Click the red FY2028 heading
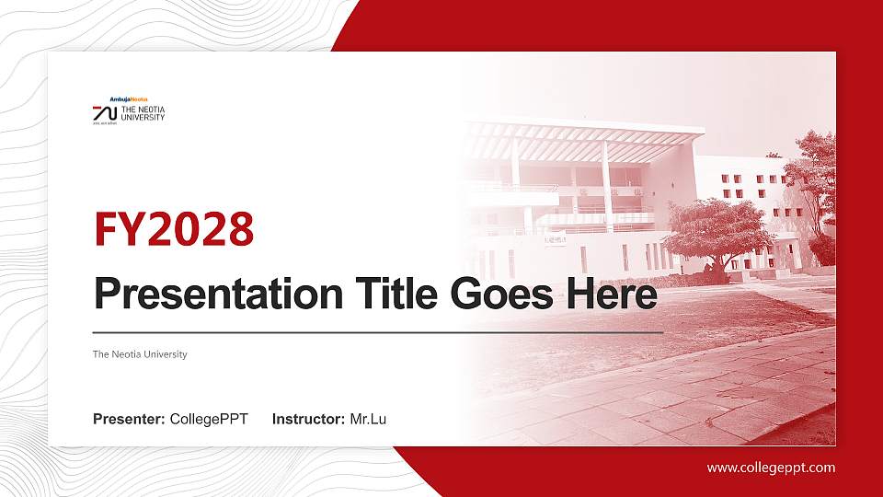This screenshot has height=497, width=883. tap(174, 229)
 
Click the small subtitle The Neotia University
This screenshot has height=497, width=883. tap(140, 354)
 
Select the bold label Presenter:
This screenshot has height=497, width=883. tap(129, 420)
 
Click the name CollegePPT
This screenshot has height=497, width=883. tap(209, 420)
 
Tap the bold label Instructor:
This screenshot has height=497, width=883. tap(309, 420)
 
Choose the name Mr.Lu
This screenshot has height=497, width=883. tap(368, 420)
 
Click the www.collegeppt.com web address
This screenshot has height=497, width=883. tap(771, 468)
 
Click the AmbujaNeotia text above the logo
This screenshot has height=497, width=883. tap(129, 98)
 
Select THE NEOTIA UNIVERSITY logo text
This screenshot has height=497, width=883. tap(143, 113)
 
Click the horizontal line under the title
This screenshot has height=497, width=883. tap(377, 331)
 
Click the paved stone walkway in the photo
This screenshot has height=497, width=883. tap(699, 387)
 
